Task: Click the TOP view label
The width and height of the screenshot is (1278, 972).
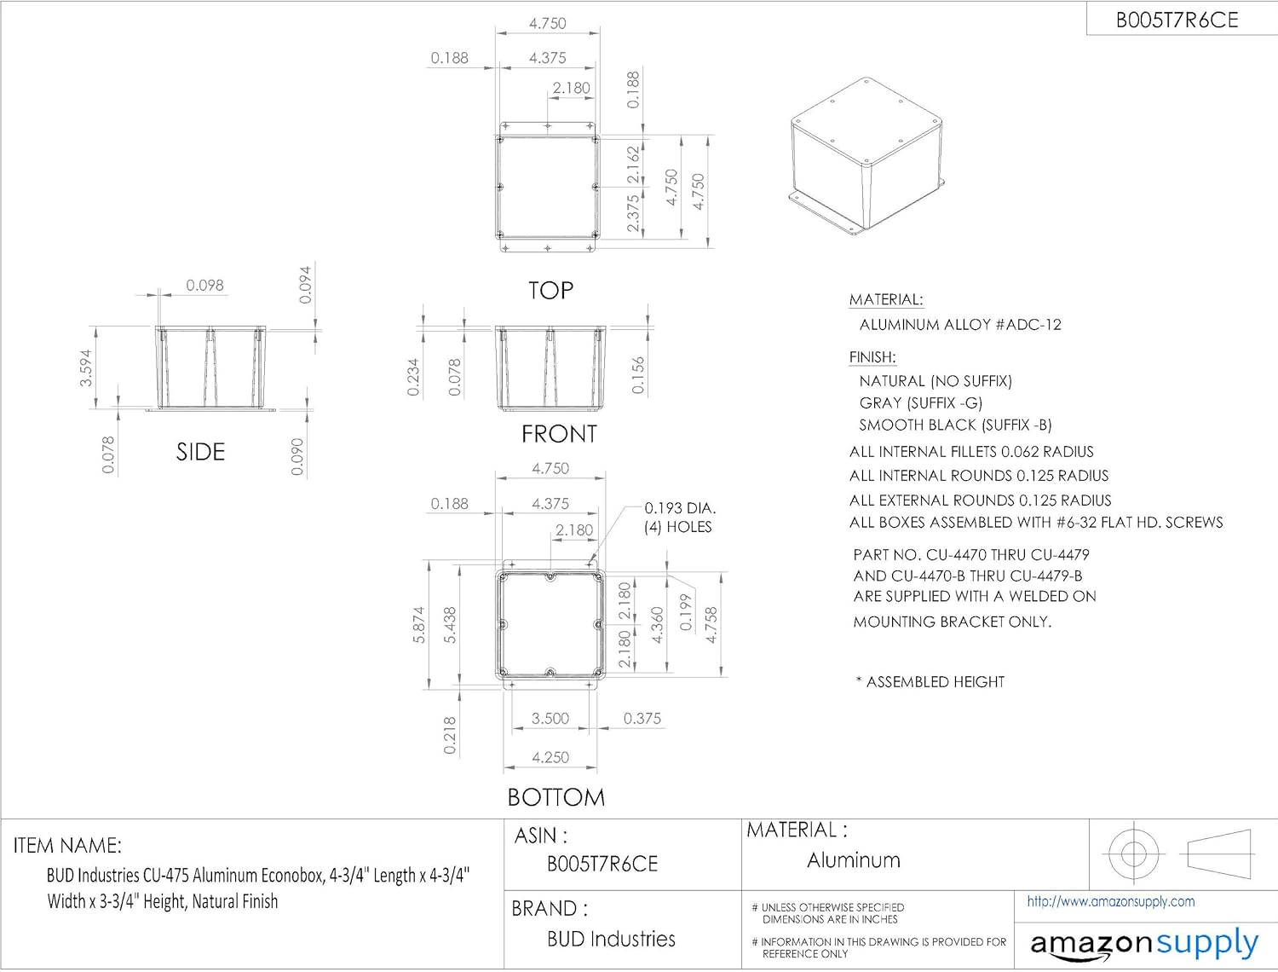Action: pos(550,290)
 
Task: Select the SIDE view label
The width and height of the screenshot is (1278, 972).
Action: pos(200,452)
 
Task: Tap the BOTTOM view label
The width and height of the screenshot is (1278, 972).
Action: pos(556,796)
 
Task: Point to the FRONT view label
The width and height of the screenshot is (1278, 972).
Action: pos(559,434)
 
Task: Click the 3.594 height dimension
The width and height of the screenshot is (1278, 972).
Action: pos(85,367)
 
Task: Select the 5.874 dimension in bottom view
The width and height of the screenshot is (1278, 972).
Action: pos(418,625)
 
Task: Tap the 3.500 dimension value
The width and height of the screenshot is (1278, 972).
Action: pos(550,718)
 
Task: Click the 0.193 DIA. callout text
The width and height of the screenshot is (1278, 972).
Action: pos(680,508)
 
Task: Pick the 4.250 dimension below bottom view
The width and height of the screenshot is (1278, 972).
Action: pos(550,757)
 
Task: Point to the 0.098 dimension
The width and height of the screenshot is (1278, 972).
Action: pos(204,286)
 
